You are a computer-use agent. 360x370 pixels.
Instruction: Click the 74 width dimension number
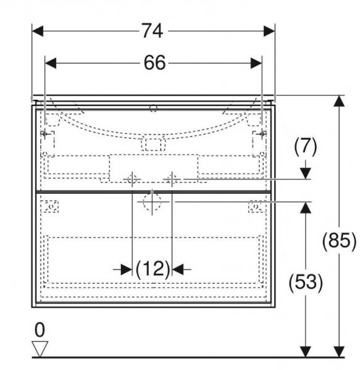(x=153, y=31)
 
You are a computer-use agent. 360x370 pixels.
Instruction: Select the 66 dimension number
(x=155, y=63)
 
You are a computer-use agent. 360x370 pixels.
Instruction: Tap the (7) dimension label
(x=306, y=146)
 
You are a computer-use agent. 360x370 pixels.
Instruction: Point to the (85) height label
(x=339, y=241)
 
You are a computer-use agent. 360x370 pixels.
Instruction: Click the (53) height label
(x=306, y=282)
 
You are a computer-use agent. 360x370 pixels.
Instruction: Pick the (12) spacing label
(x=153, y=269)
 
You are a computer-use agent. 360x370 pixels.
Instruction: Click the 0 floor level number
(x=40, y=330)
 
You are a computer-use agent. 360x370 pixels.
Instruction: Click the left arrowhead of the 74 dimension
(x=38, y=31)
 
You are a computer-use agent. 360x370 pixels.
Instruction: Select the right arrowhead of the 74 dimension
(x=269, y=31)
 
